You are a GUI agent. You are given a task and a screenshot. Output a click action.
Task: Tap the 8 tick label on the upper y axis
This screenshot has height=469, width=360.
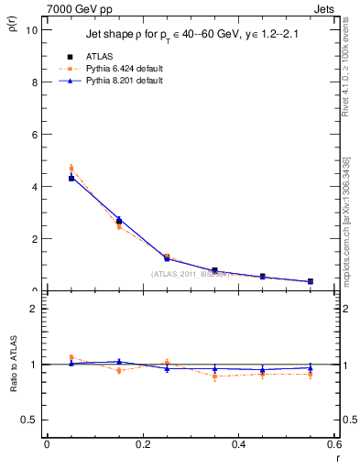(x=33, y=82)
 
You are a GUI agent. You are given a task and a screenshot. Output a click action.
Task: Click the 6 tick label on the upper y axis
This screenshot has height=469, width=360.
(x=33, y=134)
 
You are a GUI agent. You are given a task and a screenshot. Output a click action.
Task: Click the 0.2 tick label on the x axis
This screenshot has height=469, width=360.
(x=142, y=444)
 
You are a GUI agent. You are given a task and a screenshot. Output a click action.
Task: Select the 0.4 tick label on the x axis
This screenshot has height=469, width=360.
(x=238, y=444)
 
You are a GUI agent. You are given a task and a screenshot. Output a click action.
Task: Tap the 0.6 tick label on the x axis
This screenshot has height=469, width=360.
(x=333, y=444)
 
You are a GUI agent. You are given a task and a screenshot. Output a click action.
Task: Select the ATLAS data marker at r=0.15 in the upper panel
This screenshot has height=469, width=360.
(x=119, y=222)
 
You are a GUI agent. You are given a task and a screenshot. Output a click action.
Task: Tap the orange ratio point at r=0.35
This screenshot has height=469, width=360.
(x=214, y=376)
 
